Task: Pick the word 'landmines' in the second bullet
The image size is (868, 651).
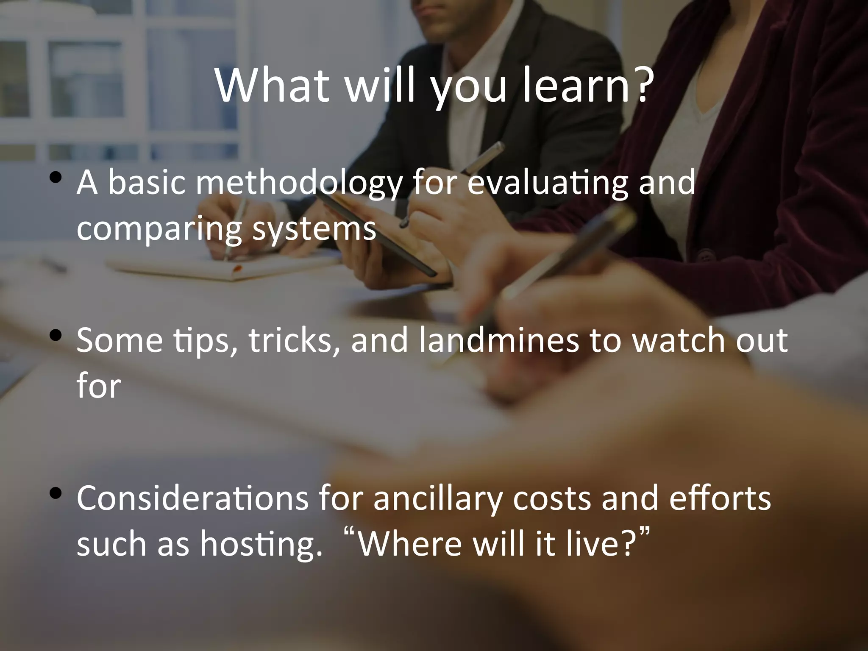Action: click(498, 341)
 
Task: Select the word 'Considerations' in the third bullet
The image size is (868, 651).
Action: click(192, 498)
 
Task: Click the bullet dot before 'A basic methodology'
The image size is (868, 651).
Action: click(55, 178)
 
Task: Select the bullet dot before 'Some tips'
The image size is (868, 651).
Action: click(55, 336)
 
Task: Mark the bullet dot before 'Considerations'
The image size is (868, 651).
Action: click(55, 493)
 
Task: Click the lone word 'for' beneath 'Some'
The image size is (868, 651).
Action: click(98, 387)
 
